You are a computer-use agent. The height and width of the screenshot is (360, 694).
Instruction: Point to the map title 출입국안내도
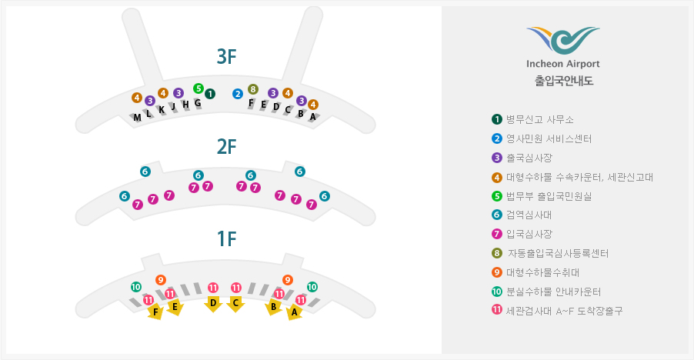(563, 80)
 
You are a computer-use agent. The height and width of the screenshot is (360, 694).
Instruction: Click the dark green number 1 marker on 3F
(210, 94)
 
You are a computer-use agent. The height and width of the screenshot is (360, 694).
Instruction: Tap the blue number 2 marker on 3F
(238, 94)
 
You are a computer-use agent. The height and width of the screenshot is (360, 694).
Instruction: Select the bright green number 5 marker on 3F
(199, 88)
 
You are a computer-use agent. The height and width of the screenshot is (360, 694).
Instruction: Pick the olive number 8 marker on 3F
(253, 88)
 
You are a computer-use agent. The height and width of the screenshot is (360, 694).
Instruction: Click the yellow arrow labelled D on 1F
(213, 304)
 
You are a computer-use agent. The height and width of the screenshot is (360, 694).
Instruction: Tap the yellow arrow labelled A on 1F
(293, 312)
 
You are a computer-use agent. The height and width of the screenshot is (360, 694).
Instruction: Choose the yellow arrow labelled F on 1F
(156, 312)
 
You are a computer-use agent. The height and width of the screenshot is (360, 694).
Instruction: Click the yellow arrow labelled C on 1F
(236, 304)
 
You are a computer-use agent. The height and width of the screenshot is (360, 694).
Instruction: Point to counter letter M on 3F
(137, 118)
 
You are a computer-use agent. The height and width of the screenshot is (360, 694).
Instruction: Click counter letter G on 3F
(197, 103)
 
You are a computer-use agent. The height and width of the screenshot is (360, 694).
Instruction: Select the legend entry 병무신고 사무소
(539, 119)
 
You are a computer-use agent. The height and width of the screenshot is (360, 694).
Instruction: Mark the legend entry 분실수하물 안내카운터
(553, 292)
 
